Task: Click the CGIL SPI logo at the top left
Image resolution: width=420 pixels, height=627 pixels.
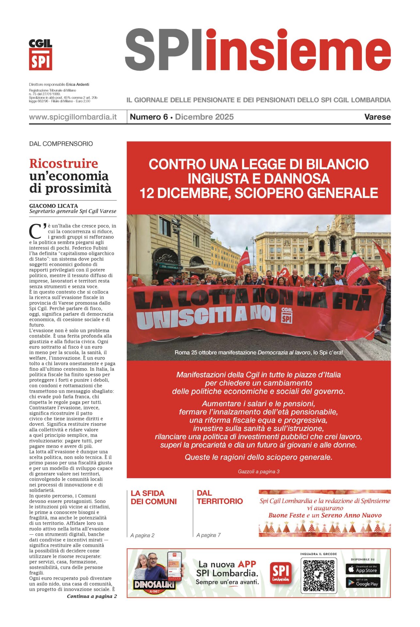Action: click(40, 55)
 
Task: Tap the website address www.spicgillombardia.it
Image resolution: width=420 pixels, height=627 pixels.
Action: click(73, 117)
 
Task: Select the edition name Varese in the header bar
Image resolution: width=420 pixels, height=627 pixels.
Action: click(377, 117)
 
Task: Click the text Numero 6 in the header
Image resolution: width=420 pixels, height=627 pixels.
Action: click(149, 117)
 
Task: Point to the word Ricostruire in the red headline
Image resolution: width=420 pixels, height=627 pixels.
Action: click(64, 163)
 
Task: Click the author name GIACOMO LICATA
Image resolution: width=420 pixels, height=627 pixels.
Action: click(54, 206)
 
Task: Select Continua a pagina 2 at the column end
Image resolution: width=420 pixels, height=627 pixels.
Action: click(92, 596)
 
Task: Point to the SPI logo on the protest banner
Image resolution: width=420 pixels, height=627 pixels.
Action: click(286, 315)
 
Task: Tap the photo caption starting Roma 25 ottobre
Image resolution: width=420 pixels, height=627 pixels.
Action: click(258, 352)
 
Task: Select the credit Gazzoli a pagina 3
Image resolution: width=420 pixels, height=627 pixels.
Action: click(258, 471)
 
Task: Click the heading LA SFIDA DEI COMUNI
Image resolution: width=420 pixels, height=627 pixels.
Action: click(153, 497)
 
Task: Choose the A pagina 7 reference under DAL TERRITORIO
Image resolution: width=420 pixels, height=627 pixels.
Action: click(208, 535)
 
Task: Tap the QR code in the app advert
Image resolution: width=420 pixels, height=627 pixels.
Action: click(318, 575)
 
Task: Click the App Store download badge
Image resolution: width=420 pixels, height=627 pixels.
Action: click(363, 569)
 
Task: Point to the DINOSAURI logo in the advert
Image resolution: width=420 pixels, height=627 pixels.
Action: click(154, 585)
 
